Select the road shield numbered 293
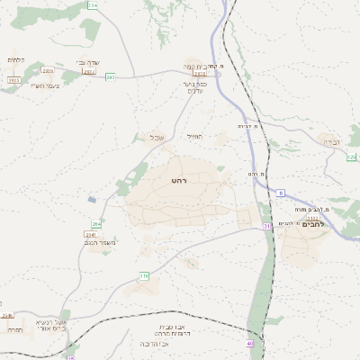tap(110, 77)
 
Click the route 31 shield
tap(266, 226)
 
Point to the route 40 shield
tap(249, 343)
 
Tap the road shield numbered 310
tap(144, 274)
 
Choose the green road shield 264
tap(96, 222)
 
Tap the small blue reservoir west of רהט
tap(92, 199)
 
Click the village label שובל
tap(154, 138)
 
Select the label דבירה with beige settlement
tap(330, 143)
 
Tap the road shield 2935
tap(13, 80)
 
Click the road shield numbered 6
tap(281, 193)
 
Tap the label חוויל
tap(194, 135)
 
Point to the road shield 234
tap(93, 5)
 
